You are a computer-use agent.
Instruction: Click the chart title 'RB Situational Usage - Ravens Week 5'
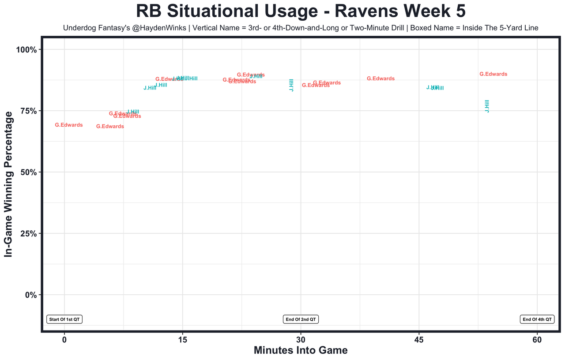[301, 11]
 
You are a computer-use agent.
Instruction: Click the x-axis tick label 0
[64, 340]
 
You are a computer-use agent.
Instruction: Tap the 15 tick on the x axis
[182, 340]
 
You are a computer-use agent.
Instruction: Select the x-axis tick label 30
[301, 340]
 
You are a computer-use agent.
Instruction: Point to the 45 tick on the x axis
[419, 340]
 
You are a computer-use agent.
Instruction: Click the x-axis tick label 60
[537, 340]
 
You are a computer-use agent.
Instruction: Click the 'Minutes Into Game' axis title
[301, 350]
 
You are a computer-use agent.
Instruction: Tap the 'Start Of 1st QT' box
[64, 319]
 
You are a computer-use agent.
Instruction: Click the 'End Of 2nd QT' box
[301, 319]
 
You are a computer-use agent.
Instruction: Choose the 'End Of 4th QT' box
[537, 319]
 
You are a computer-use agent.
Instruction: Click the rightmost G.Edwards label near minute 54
[493, 74]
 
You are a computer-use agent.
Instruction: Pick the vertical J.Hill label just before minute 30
[291, 85]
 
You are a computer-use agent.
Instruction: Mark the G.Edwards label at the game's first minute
[69, 125]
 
